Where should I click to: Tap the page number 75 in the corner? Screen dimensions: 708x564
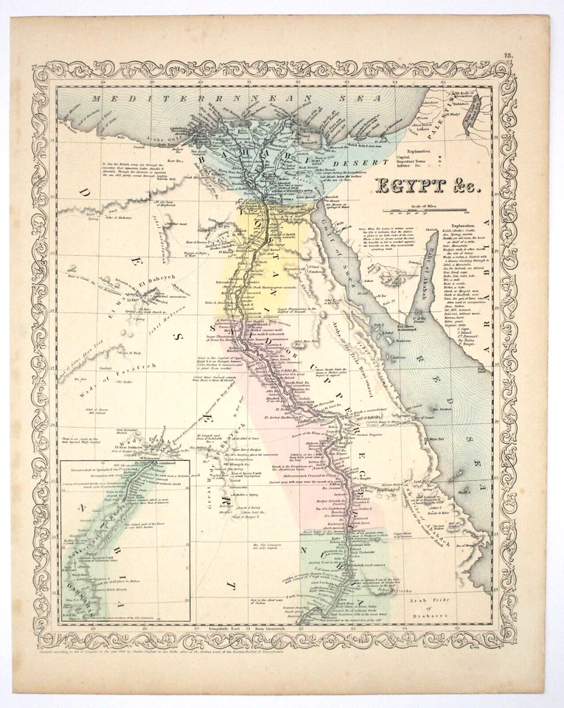[x=509, y=55]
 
